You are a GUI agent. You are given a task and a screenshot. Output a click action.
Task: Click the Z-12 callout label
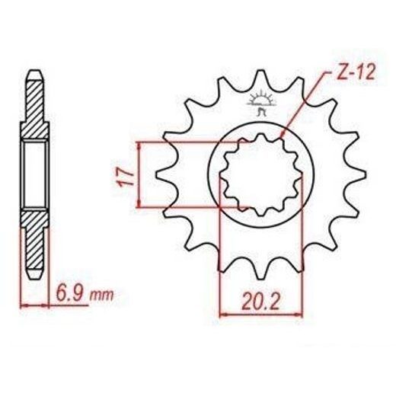353,73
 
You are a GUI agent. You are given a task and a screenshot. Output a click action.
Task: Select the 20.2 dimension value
261,302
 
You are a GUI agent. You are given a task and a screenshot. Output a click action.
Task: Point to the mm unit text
102,296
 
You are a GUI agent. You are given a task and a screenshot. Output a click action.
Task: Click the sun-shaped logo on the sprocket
261,103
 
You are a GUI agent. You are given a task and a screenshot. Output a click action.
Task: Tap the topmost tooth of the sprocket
260,78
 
